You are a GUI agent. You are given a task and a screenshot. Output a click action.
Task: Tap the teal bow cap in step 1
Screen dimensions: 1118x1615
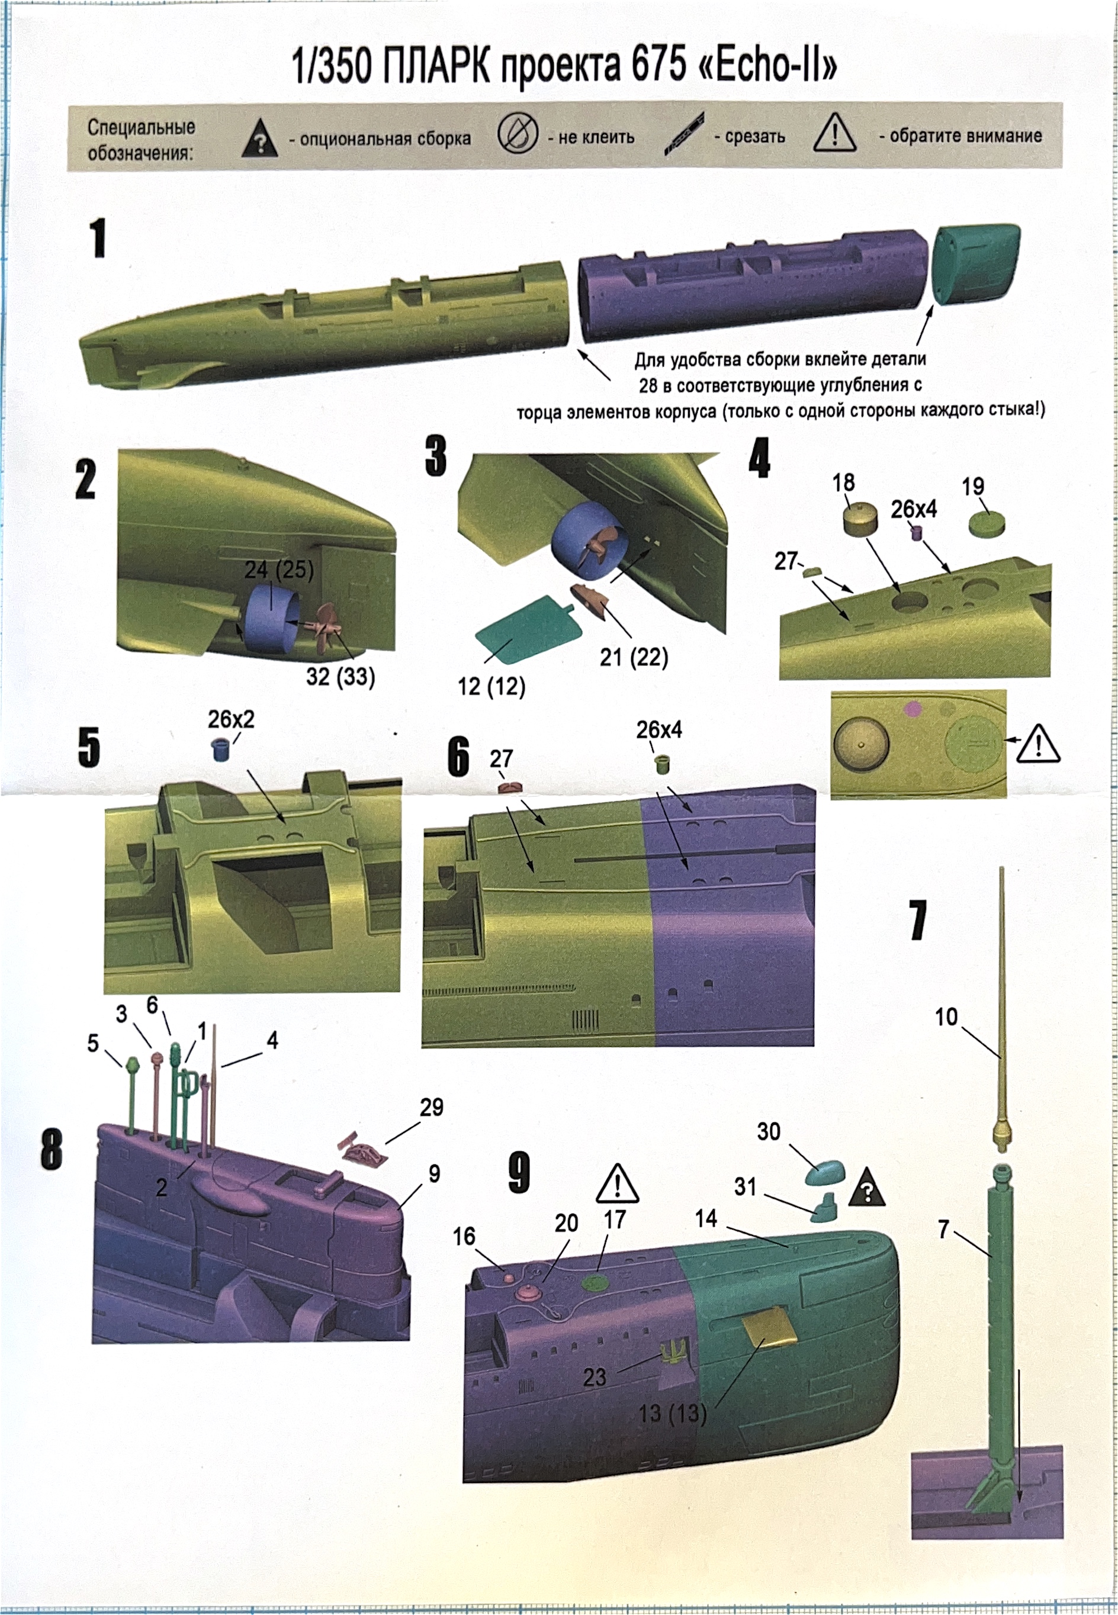pos(975,264)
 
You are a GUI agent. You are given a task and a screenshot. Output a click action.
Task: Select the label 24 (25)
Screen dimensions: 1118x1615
pos(278,570)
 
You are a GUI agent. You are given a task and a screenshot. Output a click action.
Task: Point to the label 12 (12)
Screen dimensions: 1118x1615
pos(491,686)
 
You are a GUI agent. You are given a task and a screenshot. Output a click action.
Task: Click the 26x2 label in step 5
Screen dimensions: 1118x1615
pos(230,719)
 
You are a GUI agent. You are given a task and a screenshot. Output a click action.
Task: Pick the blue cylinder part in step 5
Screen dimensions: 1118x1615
pos(221,749)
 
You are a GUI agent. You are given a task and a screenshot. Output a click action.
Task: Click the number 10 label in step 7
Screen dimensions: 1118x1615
pos(946,1016)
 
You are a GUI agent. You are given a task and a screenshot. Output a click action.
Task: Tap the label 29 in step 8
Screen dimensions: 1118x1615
pos(431,1106)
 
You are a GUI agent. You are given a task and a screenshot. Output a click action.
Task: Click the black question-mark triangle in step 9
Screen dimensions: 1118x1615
pos(866,1187)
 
